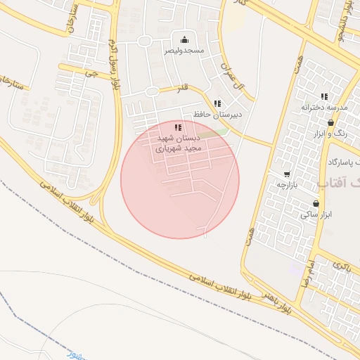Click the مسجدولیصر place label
click(184, 51)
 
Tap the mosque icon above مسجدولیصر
click(184, 39)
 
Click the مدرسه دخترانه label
click(324, 107)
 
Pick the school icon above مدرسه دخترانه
click(324, 96)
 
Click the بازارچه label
click(287, 184)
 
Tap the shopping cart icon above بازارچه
click(287, 174)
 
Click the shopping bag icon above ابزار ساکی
click(316, 203)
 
